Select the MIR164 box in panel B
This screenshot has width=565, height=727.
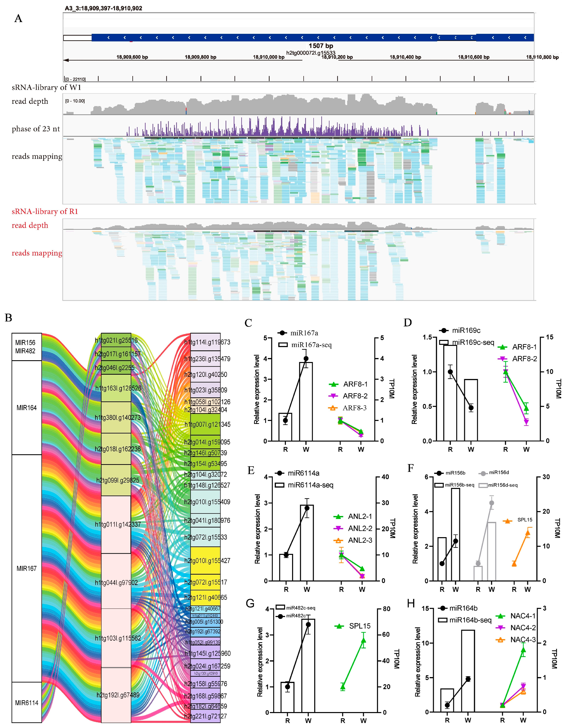(x=27, y=408)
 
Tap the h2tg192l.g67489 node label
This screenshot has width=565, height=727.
(x=118, y=695)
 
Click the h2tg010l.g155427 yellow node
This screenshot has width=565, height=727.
(x=205, y=561)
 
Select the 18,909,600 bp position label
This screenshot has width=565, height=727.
(x=132, y=57)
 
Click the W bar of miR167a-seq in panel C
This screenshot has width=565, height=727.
(x=306, y=401)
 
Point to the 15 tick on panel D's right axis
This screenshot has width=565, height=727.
(x=549, y=337)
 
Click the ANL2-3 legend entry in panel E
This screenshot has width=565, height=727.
(x=360, y=540)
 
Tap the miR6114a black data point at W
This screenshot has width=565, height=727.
(x=307, y=508)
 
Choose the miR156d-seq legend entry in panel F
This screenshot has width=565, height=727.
(x=502, y=485)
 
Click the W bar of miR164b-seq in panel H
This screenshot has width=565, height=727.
(x=468, y=671)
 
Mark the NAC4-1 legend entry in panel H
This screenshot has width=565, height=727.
(x=523, y=616)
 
